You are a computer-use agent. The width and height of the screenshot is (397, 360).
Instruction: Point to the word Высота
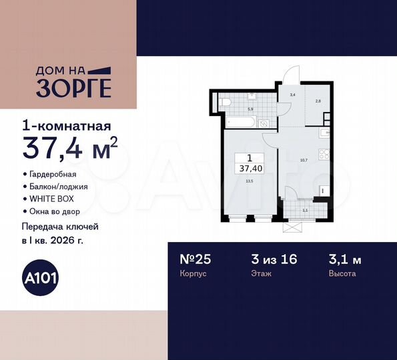tap(342, 274)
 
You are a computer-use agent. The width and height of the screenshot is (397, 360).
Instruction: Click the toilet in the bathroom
tap(226, 102)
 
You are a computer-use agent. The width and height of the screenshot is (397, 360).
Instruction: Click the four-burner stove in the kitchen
tap(324, 155)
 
